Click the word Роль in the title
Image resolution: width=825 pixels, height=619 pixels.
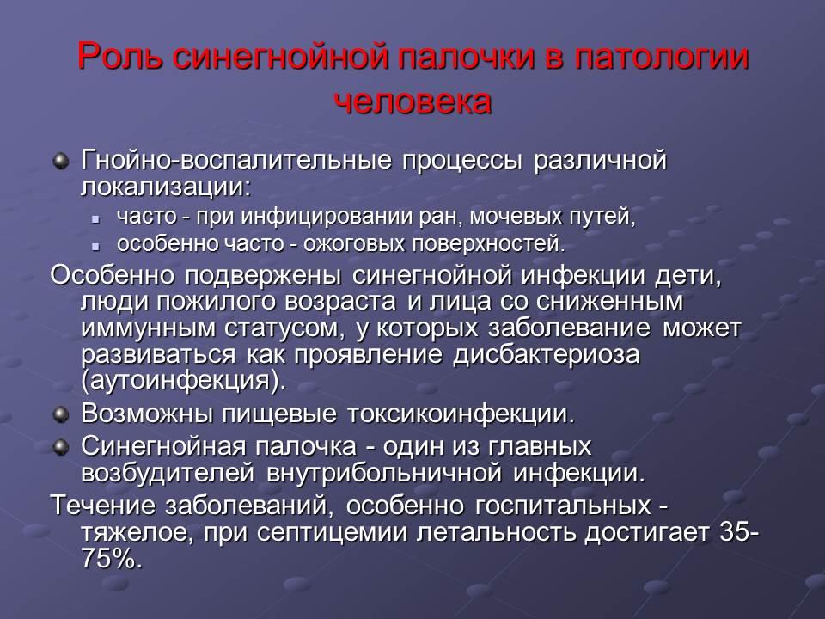120,57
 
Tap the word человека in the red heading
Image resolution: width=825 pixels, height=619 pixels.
413,101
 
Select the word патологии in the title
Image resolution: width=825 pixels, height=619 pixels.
662,57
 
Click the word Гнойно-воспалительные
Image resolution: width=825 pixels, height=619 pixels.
236,160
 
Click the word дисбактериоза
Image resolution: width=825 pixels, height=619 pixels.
547,354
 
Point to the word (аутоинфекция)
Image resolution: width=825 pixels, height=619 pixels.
184,381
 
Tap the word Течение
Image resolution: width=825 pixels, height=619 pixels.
103,506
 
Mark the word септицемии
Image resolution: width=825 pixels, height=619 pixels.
333,533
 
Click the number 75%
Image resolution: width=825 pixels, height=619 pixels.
112,559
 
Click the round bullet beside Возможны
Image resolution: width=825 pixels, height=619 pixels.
62,414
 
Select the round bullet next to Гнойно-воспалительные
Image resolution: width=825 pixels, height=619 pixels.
62,160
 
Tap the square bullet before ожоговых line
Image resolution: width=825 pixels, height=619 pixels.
95,245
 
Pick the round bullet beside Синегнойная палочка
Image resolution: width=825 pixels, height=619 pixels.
62,447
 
